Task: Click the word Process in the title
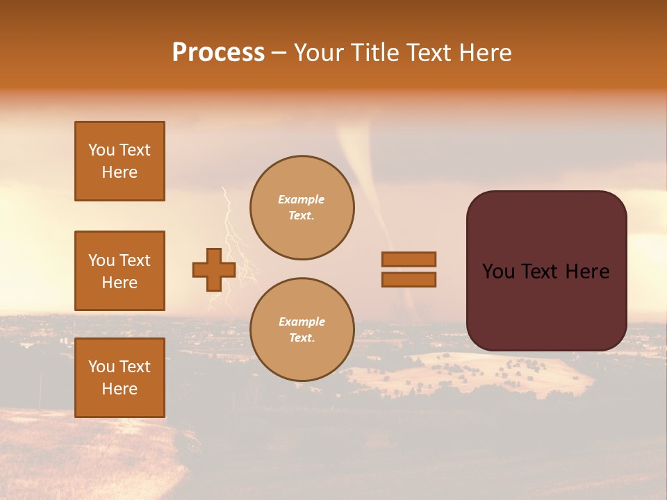pyautogui.click(x=218, y=53)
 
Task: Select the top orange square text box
pyautogui.click(x=120, y=161)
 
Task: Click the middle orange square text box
pyautogui.click(x=120, y=271)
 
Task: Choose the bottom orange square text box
pyautogui.click(x=120, y=378)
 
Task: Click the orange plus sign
pyautogui.click(x=214, y=269)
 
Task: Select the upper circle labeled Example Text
pyautogui.click(x=302, y=208)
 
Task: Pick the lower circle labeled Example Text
pyautogui.click(x=302, y=330)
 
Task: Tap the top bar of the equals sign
pyautogui.click(x=409, y=259)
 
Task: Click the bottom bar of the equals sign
pyautogui.click(x=409, y=279)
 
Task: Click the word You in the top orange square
pyautogui.click(x=101, y=150)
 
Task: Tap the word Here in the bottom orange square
pyautogui.click(x=120, y=389)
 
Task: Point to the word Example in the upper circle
pyautogui.click(x=302, y=199)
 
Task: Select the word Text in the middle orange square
pyautogui.click(x=134, y=260)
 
